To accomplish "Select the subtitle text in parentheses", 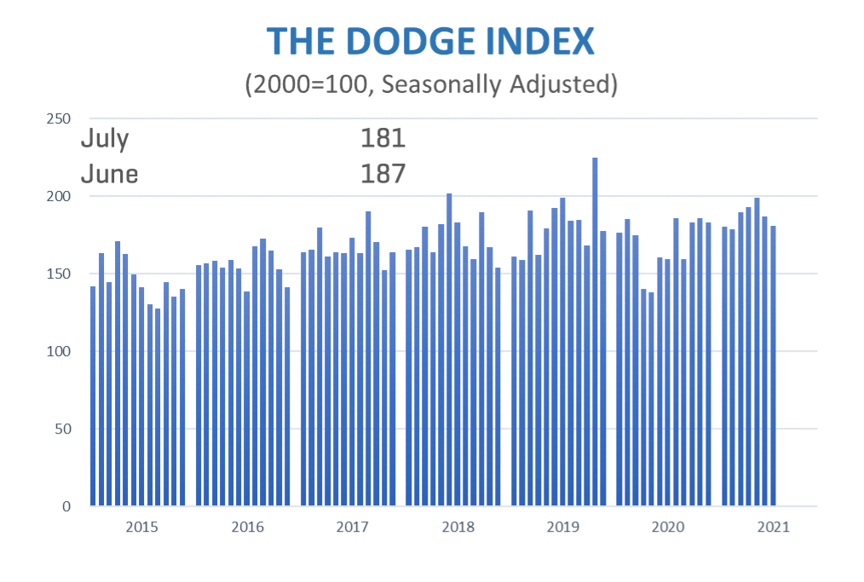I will (x=430, y=84).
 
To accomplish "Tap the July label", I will (x=104, y=139).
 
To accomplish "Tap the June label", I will (x=109, y=174).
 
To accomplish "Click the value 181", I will (x=383, y=139).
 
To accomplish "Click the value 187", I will (x=383, y=174).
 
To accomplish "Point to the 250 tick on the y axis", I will (x=59, y=118).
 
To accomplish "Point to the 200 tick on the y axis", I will (x=59, y=196).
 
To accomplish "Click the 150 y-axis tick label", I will (x=59, y=274).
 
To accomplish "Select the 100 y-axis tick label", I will (x=59, y=351).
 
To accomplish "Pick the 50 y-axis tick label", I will (x=62, y=429).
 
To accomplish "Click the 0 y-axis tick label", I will (x=66, y=506).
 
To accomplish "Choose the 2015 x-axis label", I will (x=141, y=527).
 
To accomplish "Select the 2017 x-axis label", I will (x=352, y=527).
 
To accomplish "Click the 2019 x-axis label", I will (x=562, y=527).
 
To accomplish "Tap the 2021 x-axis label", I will (x=772, y=527).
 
